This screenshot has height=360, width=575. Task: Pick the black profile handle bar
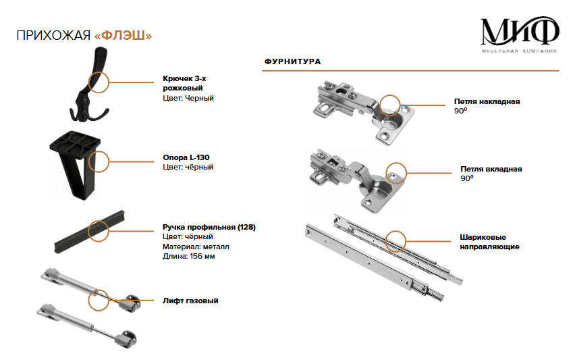tap(89, 230)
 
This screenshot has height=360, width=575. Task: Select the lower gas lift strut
tap(88, 324)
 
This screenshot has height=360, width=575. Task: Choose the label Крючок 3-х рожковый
tap(184, 83)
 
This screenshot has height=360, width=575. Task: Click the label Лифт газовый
tap(190, 301)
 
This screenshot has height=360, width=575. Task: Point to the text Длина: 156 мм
tap(189, 256)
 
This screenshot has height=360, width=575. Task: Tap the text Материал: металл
tap(196, 247)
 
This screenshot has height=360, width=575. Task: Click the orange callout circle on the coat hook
tap(99, 82)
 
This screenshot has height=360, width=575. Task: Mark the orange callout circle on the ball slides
tap(395, 240)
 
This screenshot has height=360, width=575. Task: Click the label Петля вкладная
tap(491, 169)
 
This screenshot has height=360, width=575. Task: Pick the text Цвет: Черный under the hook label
tap(188, 98)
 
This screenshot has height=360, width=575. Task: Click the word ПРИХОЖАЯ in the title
tap(53, 35)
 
